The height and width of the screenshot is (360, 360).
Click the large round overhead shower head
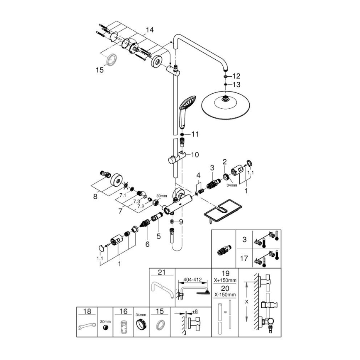225,104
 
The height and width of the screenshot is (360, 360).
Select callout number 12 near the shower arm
236,76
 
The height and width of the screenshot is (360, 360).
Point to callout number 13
236,84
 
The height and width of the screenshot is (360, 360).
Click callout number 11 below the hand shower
195,134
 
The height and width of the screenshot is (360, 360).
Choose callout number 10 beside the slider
195,155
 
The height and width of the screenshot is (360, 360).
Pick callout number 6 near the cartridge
147,244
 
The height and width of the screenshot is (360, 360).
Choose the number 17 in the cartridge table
244,258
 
